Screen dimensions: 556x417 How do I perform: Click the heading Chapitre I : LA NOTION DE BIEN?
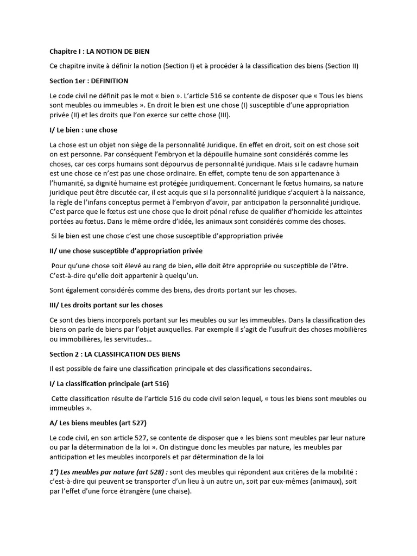[99, 52]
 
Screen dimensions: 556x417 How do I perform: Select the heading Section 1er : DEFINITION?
[89, 81]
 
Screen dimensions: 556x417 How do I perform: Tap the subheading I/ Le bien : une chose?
[83, 130]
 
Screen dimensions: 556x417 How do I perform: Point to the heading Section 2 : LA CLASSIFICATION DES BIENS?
[115, 354]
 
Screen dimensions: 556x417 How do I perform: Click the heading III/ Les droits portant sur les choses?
[106, 305]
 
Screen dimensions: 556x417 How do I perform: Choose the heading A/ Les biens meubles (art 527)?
[98, 423]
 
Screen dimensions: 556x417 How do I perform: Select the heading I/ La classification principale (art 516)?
[109, 384]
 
